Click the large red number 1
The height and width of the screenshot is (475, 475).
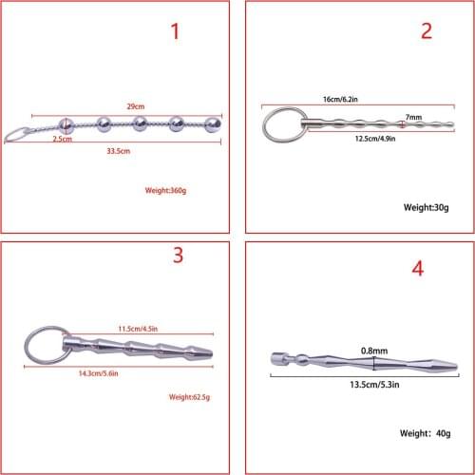[174, 32]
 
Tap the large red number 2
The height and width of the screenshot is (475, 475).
[426, 30]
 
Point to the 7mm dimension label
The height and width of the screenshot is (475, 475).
[412, 116]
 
